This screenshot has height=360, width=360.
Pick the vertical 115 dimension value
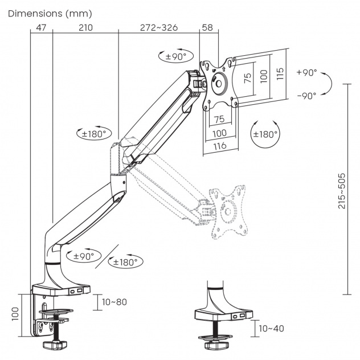pos(280,75)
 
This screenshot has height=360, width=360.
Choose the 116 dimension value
pos(220,146)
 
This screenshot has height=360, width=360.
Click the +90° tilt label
pos(306,73)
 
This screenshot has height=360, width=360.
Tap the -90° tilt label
pos(306,96)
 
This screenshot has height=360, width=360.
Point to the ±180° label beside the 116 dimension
pos(265,134)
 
